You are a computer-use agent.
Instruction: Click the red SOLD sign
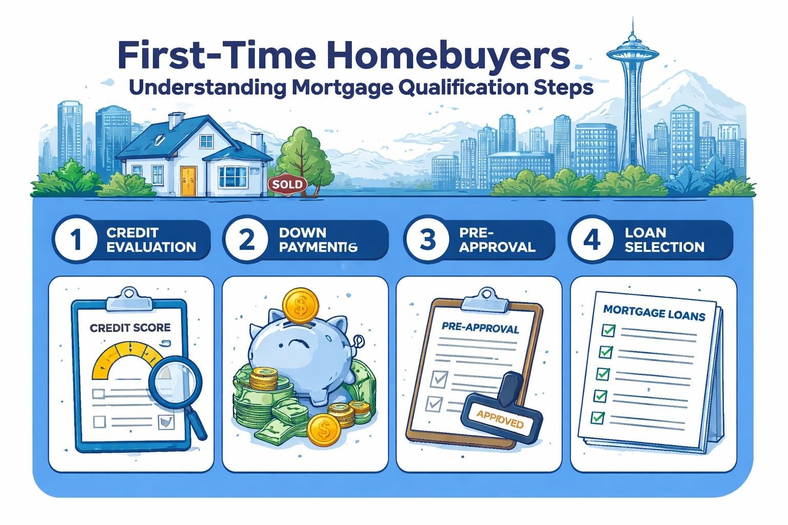pos(288,185)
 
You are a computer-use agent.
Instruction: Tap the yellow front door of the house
pos(188,181)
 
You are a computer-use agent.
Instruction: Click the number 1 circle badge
pos(76,240)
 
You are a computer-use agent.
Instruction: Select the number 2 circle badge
pos(247,240)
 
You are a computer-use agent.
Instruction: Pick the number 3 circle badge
pos(427,240)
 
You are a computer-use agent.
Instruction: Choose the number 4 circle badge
pos(593,240)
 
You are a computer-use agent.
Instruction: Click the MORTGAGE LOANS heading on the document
pos(654,313)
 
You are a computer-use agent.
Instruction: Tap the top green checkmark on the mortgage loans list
pos(608,330)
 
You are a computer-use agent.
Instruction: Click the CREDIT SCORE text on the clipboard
pos(130,328)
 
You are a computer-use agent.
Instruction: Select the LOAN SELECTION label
pos(664,240)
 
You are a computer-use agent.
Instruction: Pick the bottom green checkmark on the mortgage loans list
pos(597,418)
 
